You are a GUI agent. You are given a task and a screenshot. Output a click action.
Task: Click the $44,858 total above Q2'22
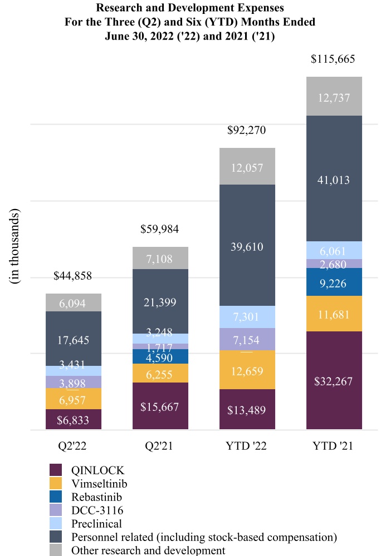(x=72, y=276)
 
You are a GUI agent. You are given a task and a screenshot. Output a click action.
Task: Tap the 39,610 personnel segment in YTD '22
(x=247, y=246)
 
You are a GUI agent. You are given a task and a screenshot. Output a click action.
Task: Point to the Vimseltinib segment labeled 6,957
(x=74, y=399)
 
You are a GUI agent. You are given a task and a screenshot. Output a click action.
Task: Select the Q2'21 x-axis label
(x=160, y=446)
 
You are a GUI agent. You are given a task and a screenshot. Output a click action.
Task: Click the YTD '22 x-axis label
(x=247, y=446)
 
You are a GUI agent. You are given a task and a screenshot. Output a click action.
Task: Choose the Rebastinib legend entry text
(x=96, y=497)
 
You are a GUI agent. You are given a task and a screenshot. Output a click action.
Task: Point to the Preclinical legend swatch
(x=56, y=523)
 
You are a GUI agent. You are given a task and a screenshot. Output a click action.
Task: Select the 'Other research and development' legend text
(x=148, y=550)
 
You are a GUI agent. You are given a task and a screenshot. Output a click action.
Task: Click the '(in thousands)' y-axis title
(x=16, y=246)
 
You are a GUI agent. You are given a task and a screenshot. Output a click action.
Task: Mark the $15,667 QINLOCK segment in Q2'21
(x=160, y=406)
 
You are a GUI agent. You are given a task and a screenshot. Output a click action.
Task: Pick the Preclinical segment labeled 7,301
(x=247, y=317)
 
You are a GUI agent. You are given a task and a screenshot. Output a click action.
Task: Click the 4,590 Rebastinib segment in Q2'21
(x=160, y=356)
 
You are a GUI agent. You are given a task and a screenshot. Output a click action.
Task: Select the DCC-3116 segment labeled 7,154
(x=247, y=339)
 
